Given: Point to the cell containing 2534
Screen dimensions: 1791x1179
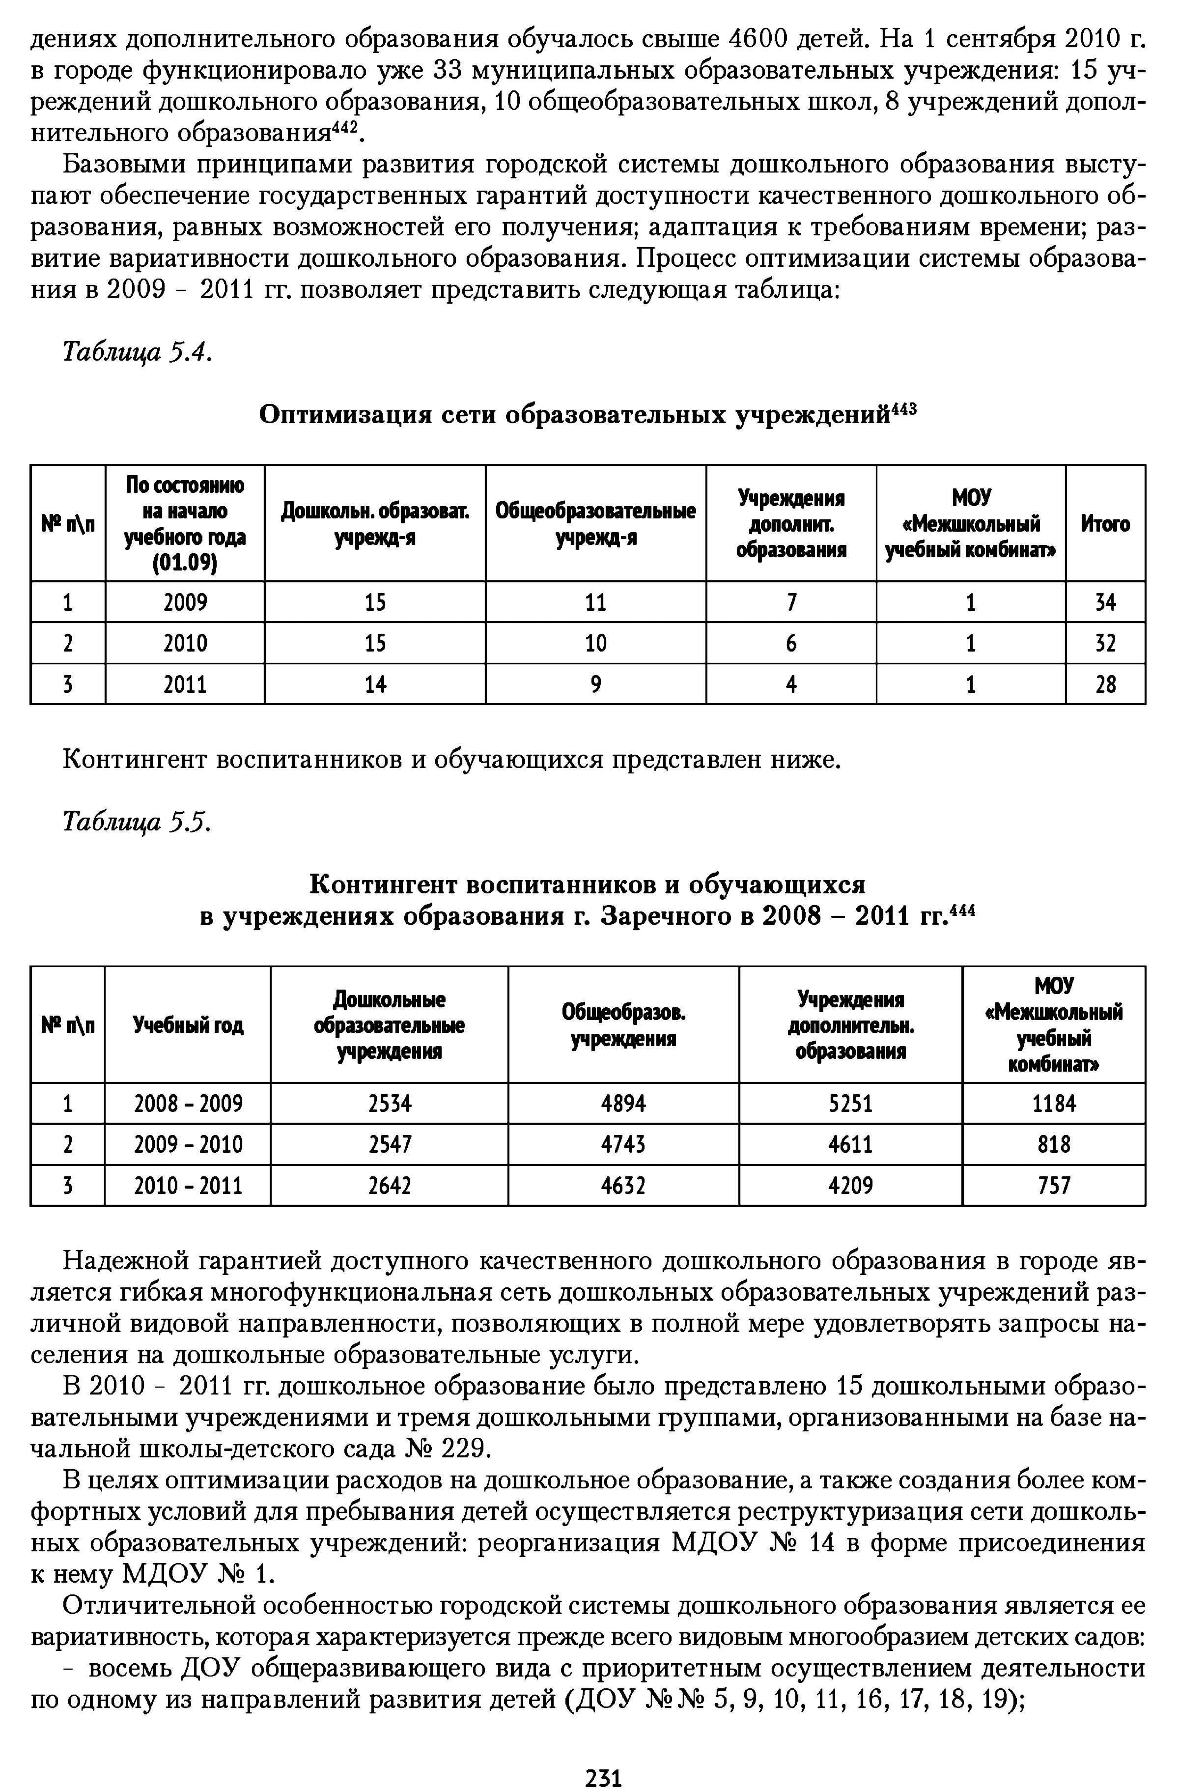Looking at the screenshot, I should [390, 1104].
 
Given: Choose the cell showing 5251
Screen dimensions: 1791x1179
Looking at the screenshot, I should [850, 1104].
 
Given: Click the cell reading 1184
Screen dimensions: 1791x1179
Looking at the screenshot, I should [1053, 1104].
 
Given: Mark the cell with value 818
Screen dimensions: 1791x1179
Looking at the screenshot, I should [1053, 1144].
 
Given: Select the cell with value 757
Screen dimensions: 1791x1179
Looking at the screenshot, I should [1053, 1186].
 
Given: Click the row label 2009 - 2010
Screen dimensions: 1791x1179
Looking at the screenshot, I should [188, 1144].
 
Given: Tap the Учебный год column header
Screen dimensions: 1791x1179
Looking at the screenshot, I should [188, 1025].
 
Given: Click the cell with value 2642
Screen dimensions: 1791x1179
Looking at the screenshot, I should [390, 1186].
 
